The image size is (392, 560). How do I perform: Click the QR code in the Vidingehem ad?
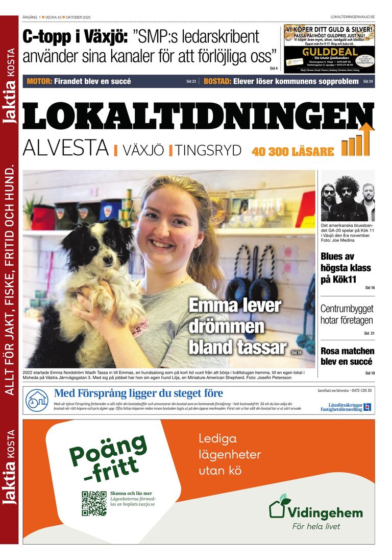point(94,503)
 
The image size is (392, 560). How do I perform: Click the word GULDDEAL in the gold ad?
point(329,52)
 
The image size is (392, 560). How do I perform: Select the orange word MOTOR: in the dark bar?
point(39,81)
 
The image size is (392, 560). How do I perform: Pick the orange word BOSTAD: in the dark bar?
point(217,81)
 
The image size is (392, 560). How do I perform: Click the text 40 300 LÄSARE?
point(292,152)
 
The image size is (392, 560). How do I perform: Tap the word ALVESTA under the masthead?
point(66,148)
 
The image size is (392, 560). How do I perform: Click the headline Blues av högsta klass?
point(346,268)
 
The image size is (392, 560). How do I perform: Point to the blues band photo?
point(348,196)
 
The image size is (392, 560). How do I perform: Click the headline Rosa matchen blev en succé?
point(347,356)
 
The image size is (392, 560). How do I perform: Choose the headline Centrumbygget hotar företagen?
point(347,315)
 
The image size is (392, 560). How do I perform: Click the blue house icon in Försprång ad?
point(37,400)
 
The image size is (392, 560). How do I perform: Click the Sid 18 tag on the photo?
point(296,353)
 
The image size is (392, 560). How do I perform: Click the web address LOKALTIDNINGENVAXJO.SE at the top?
point(352,17)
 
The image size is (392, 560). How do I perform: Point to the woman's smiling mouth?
point(163,244)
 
